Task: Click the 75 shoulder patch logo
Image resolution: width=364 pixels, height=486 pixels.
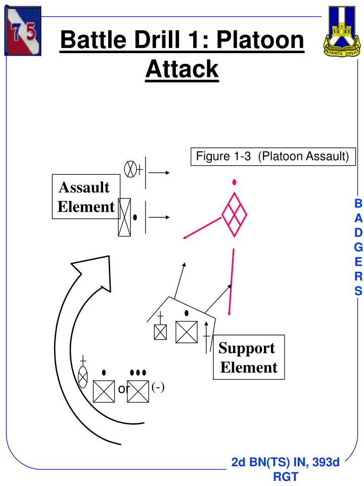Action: coord(23,31)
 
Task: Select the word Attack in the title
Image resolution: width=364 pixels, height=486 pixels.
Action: coord(182,68)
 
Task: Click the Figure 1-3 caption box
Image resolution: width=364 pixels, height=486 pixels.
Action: coord(272,156)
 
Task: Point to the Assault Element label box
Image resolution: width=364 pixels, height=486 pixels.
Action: coord(85,197)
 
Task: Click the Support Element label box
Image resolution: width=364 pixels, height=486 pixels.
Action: coord(248,357)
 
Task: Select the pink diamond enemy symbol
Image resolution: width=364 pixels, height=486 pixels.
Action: coord(234,215)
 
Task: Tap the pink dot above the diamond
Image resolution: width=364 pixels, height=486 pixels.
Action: coord(234,182)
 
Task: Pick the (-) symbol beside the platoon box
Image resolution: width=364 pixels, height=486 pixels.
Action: coord(158,387)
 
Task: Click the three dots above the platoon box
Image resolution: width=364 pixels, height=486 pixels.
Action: coord(138,373)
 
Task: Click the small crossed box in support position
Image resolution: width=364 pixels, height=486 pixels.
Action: coord(160,332)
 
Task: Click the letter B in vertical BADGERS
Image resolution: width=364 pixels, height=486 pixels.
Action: coord(358,204)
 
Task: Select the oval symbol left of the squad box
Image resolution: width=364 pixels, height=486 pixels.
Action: coord(83,377)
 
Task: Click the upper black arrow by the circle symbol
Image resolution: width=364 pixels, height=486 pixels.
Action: coord(159,173)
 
